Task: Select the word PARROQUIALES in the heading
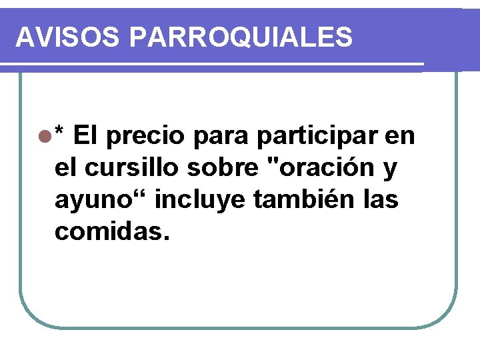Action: coord(241,37)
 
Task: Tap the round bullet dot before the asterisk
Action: coord(45,137)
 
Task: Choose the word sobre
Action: coord(227,169)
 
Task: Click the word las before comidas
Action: coord(382,199)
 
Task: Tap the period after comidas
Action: coord(166,238)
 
